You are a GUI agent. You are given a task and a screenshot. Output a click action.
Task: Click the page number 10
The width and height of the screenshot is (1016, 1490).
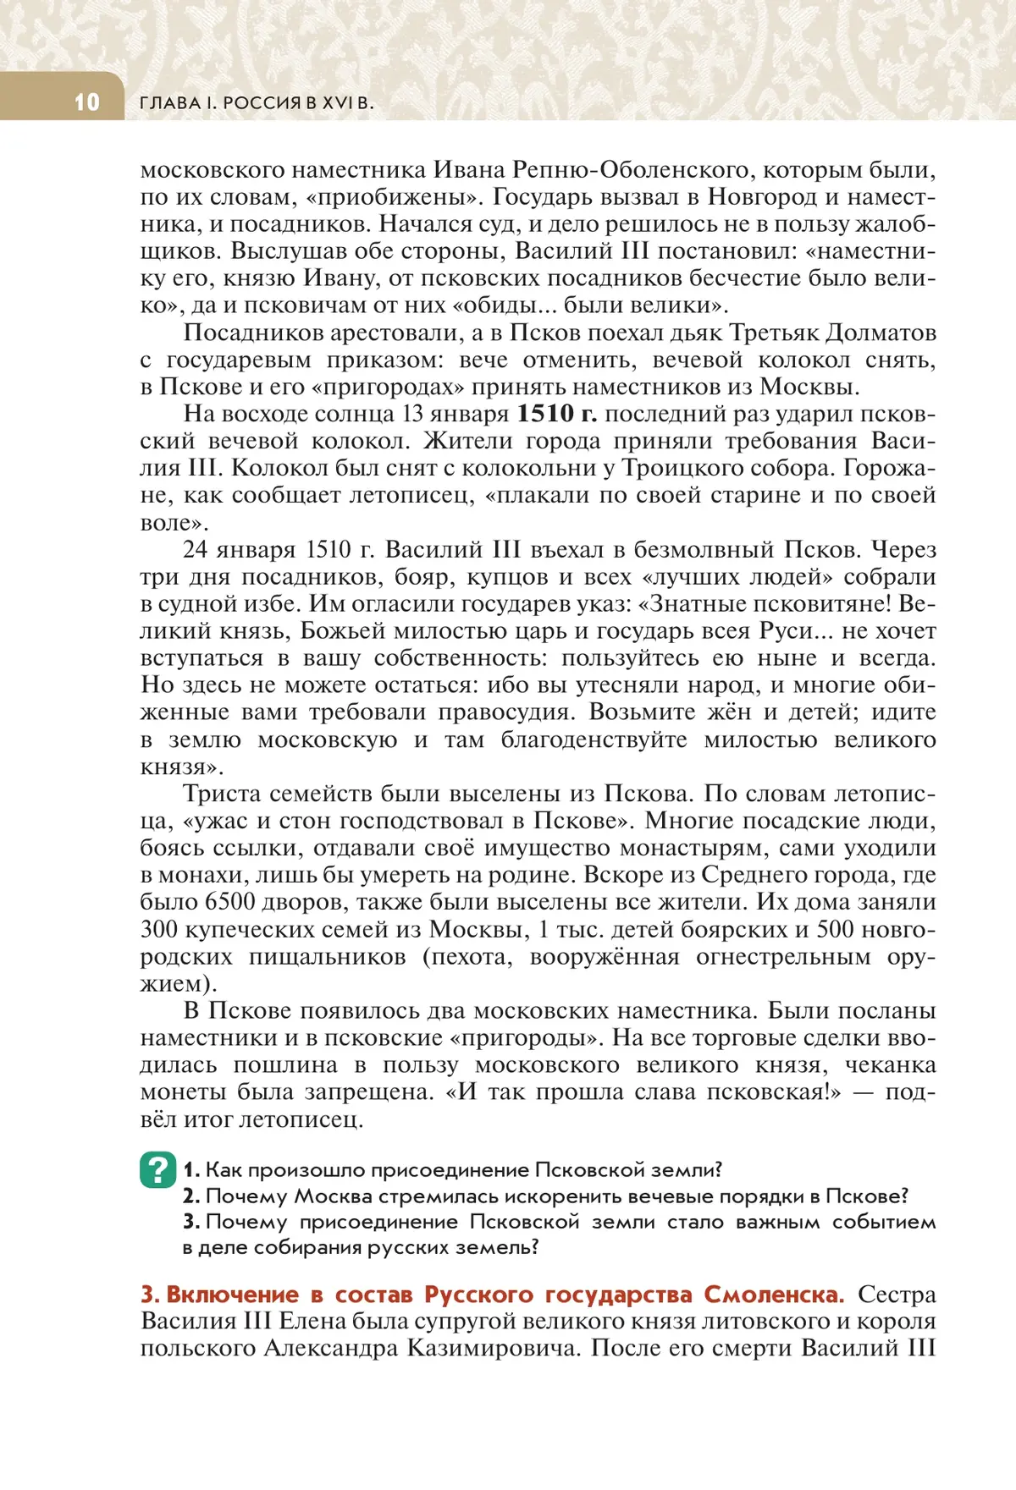point(86,102)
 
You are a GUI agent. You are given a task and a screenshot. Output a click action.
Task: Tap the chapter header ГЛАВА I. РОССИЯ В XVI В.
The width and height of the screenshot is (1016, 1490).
point(256,103)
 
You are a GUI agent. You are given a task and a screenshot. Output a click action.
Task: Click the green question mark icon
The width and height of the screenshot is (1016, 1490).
point(158,1169)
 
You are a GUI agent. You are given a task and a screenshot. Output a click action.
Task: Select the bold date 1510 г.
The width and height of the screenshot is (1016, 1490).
point(556,414)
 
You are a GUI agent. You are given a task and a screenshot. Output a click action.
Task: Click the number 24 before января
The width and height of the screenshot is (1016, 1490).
point(195,549)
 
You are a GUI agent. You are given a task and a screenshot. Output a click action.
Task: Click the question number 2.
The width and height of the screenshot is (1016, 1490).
point(190,1196)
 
